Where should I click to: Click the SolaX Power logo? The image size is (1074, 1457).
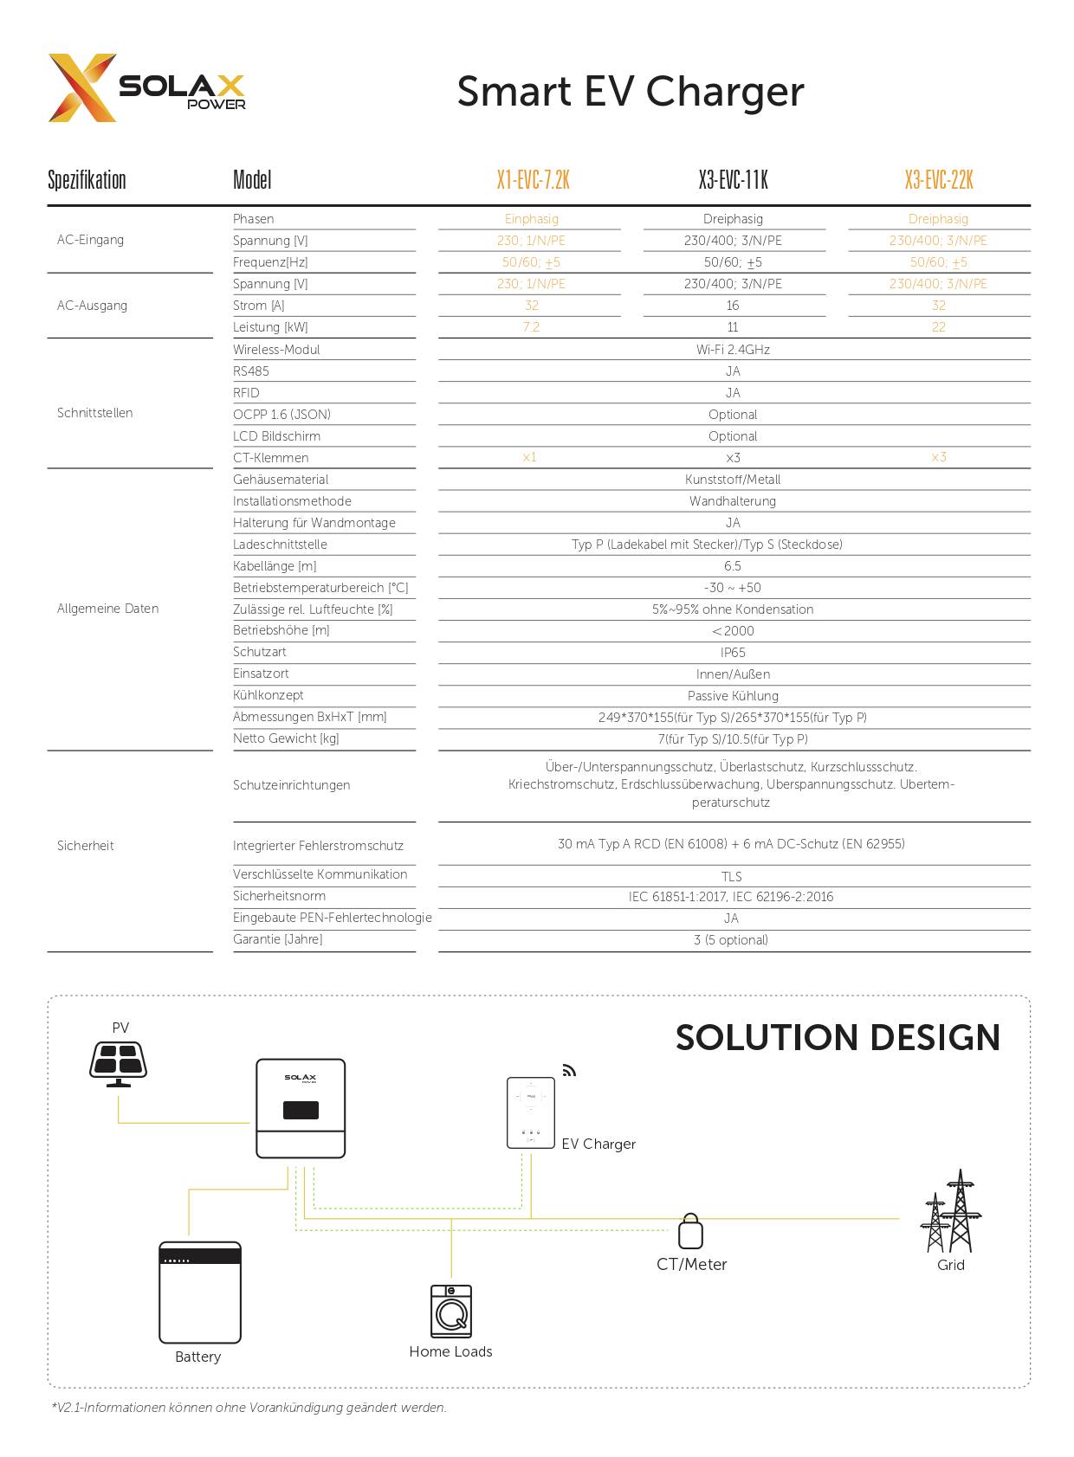(x=146, y=88)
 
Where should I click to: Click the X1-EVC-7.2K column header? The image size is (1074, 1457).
(x=533, y=180)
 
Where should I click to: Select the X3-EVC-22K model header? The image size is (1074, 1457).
(x=938, y=180)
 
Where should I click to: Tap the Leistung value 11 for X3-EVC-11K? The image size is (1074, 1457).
(x=733, y=327)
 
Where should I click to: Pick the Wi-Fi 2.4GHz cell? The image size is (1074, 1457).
(x=733, y=350)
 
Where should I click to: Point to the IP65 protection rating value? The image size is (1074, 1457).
(x=733, y=653)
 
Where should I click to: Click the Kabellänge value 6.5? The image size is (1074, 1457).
(x=733, y=566)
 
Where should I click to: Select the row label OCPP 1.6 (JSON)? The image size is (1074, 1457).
(x=281, y=415)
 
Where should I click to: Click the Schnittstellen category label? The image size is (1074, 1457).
(x=95, y=413)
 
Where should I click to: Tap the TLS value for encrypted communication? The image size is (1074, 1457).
(x=732, y=877)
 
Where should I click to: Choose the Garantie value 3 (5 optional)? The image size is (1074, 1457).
(x=731, y=940)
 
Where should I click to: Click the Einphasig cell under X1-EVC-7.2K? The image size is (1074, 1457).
(x=532, y=219)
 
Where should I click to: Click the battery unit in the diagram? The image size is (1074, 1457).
(x=200, y=1292)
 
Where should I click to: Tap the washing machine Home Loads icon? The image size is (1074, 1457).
(x=451, y=1312)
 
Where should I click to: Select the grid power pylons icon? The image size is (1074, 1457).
(x=951, y=1213)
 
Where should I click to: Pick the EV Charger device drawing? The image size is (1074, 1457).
(x=530, y=1113)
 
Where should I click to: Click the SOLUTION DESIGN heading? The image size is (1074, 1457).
(x=838, y=1037)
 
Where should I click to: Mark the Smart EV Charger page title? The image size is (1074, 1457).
(x=631, y=92)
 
